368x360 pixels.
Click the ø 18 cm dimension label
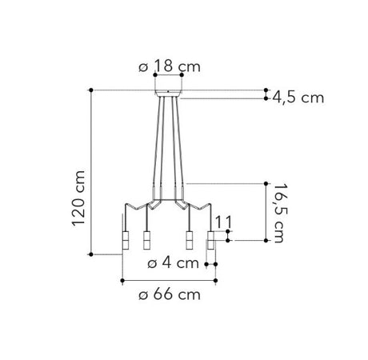click(170, 66)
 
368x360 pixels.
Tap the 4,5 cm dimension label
click(298, 98)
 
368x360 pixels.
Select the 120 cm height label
click(78, 198)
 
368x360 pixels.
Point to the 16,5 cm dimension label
click(278, 213)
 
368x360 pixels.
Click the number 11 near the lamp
click(223, 222)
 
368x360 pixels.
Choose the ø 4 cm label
click(174, 263)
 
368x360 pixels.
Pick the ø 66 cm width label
click(170, 295)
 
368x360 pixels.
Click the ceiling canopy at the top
click(168, 93)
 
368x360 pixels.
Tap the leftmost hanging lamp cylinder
click(126, 240)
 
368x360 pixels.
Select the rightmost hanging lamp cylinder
click(211, 240)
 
